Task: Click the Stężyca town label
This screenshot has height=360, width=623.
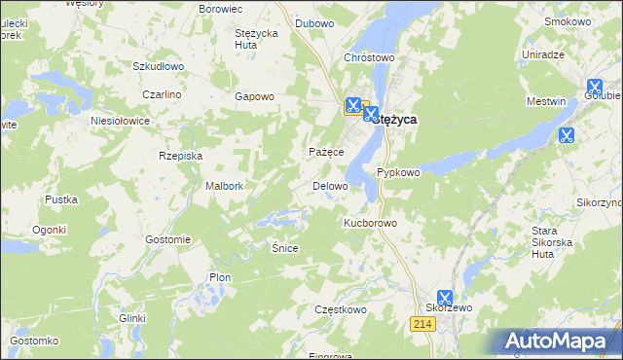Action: point(396,119)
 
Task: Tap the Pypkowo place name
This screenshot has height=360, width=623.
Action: point(398,172)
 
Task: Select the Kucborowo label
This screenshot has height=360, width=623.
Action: point(371,223)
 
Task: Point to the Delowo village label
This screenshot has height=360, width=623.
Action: point(329,186)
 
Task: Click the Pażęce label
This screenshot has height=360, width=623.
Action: point(326,153)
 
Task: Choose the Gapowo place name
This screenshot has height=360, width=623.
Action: point(255,96)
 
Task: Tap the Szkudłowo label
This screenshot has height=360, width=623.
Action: point(158,66)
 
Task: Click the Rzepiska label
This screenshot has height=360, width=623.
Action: point(180,155)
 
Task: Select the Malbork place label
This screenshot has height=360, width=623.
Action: point(224,186)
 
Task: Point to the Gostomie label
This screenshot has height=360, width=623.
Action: point(166,239)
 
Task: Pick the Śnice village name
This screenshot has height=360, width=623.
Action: point(284,248)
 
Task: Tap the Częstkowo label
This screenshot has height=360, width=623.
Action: point(340,309)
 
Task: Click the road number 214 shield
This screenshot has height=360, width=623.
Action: point(421,322)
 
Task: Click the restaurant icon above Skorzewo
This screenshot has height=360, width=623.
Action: point(445,298)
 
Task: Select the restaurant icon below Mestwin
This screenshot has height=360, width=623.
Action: point(566,135)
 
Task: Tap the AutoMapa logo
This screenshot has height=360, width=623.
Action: point(560,342)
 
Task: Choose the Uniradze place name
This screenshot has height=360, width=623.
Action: point(543,54)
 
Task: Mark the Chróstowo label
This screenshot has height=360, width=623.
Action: point(369,57)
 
